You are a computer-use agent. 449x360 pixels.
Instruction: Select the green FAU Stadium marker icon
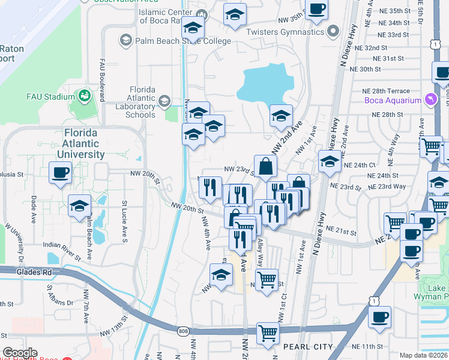[83, 96]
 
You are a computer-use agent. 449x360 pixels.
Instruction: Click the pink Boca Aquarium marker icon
[430, 100]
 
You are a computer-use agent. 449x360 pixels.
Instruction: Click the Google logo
[20, 352]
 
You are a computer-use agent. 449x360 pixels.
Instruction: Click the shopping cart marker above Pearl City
[268, 333]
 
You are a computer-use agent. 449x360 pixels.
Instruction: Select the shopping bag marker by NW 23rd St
[265, 166]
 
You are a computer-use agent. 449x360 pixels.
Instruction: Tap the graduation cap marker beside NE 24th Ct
[329, 161]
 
